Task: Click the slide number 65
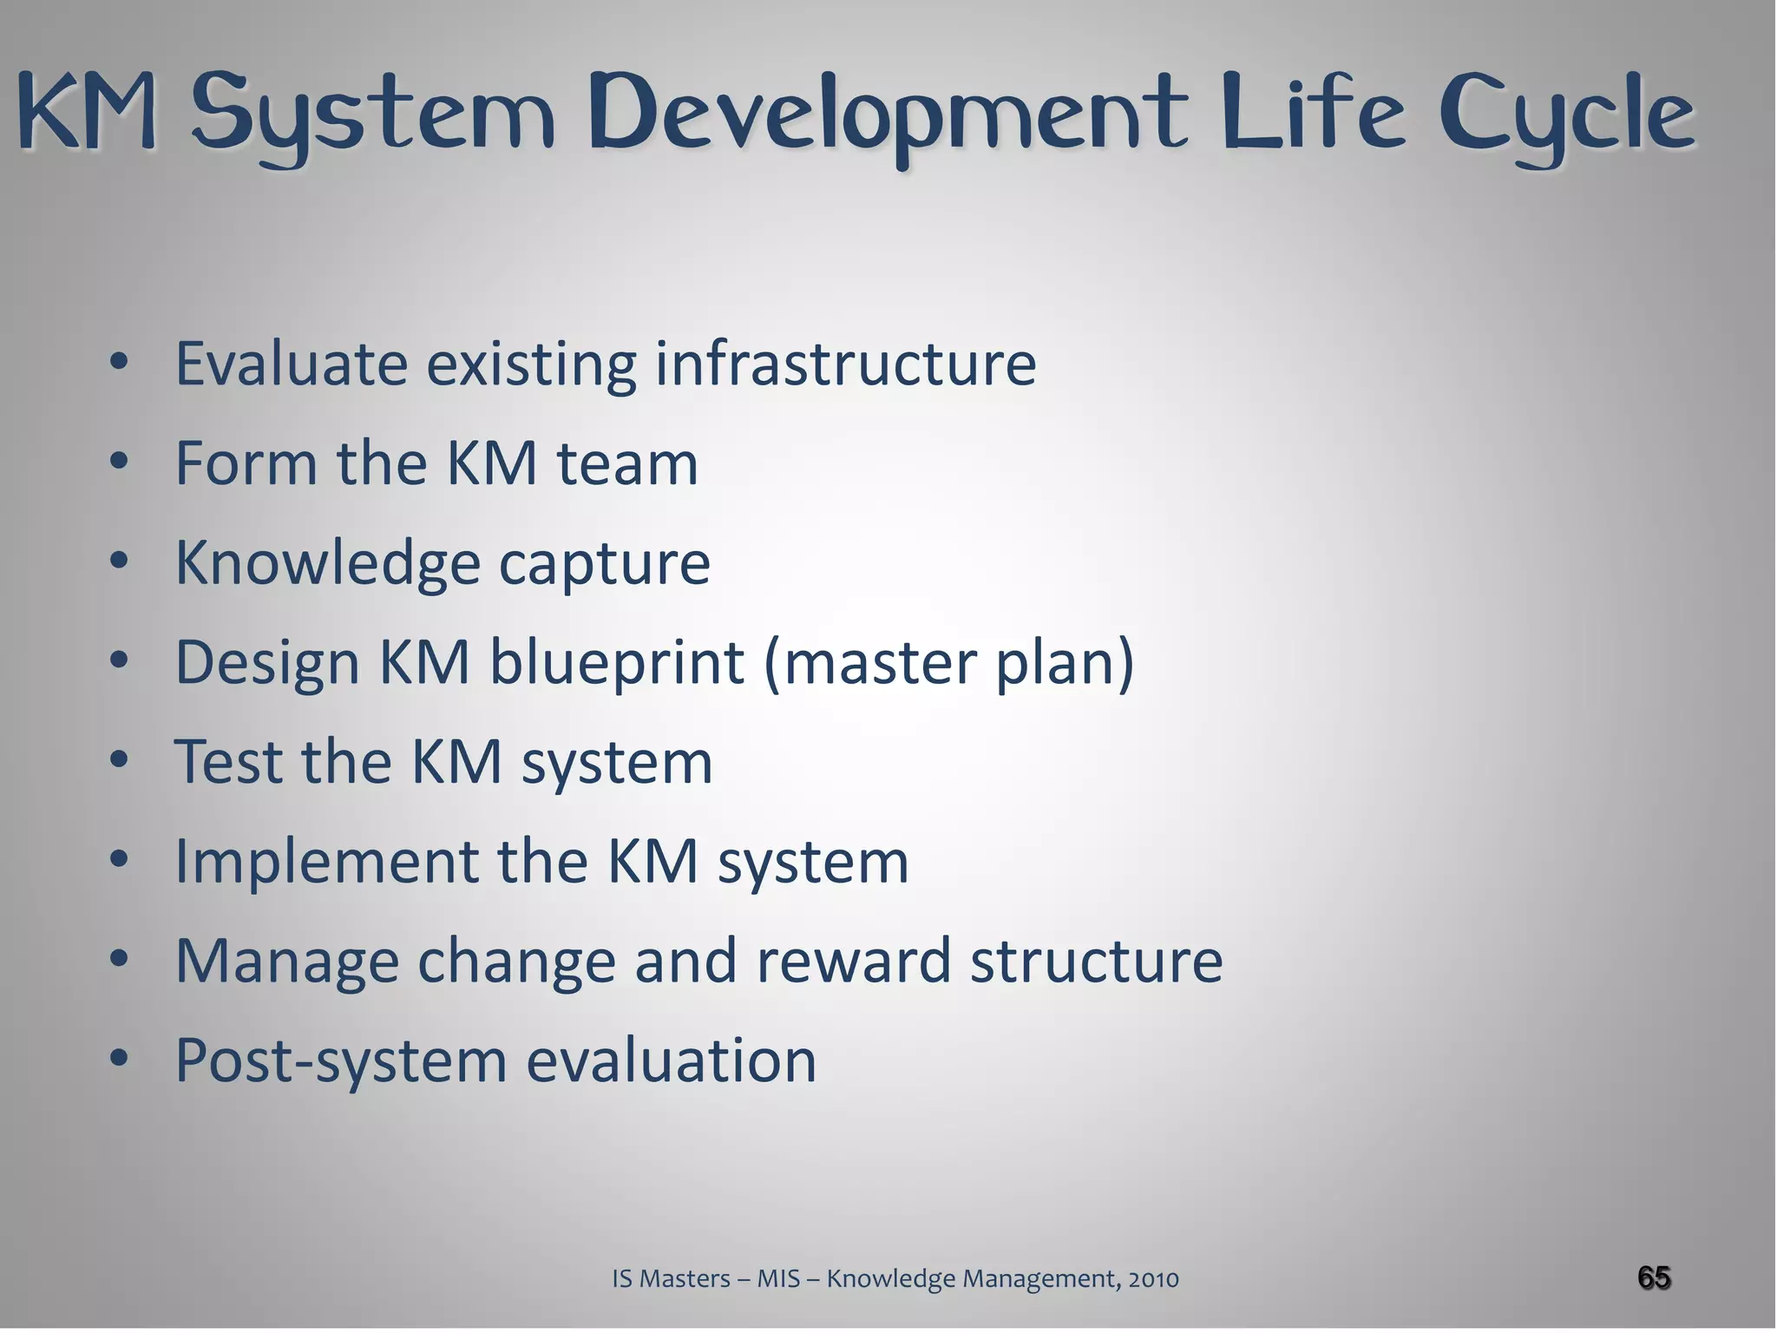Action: click(x=1654, y=1277)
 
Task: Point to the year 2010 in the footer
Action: click(x=1153, y=1278)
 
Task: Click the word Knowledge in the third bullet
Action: click(x=328, y=563)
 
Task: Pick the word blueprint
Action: click(x=616, y=663)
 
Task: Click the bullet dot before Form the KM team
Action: click(x=120, y=461)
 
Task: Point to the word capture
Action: click(x=604, y=563)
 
